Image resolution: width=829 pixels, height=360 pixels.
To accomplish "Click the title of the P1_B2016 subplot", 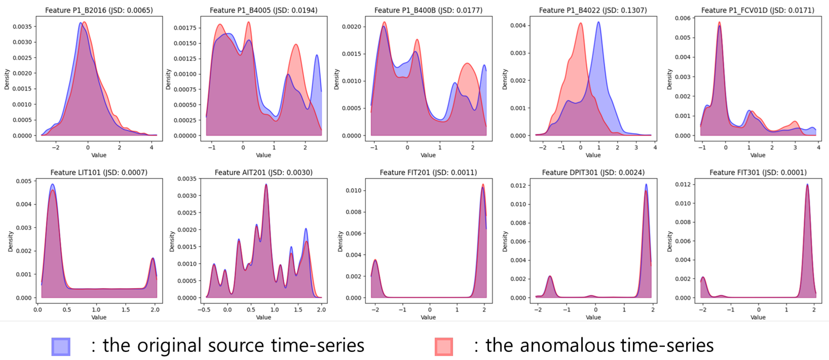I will (99, 10).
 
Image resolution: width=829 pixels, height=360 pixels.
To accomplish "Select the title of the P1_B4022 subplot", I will (593, 10).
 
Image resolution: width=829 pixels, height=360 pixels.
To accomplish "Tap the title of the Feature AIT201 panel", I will (264, 172).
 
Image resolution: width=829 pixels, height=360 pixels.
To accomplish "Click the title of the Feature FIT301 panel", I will (758, 172).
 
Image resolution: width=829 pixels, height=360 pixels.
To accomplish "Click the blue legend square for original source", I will (61, 347).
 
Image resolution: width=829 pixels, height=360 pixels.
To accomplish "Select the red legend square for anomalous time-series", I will (444, 347).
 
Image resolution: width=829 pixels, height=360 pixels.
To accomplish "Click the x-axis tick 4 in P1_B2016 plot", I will (151, 148).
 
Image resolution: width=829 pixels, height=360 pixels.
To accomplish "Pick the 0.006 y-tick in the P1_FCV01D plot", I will (683, 18).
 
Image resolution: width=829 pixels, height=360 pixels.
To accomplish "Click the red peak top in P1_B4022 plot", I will (581, 23).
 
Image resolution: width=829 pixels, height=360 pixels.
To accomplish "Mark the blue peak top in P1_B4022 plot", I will (598, 22).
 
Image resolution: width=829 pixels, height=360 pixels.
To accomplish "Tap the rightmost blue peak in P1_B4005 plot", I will (317, 55).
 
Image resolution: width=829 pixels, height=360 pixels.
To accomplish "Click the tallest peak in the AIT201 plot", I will (266, 184).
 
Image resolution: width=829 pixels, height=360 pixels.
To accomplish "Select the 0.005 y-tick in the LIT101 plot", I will (24, 181).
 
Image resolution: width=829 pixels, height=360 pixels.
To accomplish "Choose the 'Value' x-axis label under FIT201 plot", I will (428, 317).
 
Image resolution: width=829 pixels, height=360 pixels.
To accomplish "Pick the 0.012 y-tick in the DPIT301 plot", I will (518, 186).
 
